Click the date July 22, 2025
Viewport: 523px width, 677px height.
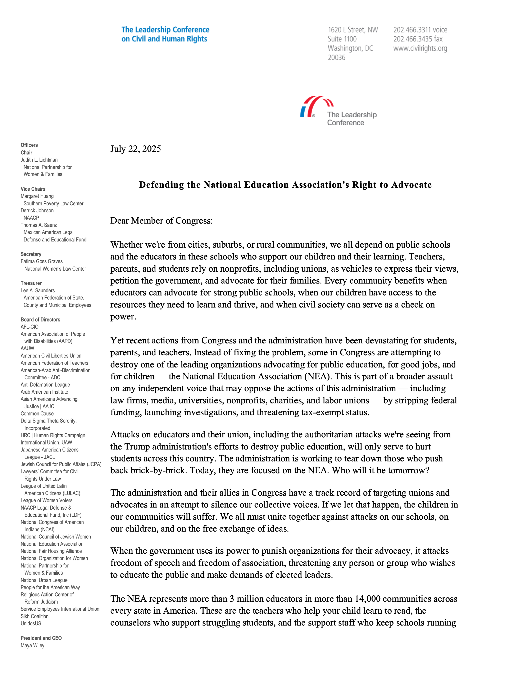click(135, 149)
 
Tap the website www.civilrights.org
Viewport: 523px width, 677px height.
click(420, 48)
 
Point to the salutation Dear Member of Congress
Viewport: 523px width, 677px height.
click(162, 221)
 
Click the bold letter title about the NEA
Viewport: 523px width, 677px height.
click(285, 185)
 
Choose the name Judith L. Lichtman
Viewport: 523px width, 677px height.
click(39, 160)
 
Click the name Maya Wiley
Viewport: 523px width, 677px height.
click(33, 645)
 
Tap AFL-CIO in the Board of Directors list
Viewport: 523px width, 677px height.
click(30, 327)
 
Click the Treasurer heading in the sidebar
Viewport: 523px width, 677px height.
click(31, 283)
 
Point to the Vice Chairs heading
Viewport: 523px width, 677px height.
click(33, 189)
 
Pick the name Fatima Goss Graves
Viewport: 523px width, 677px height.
click(41, 261)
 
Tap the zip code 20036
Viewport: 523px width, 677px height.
click(336, 58)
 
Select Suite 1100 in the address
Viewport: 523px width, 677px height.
click(342, 39)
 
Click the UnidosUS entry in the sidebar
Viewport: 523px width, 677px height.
click(31, 623)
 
